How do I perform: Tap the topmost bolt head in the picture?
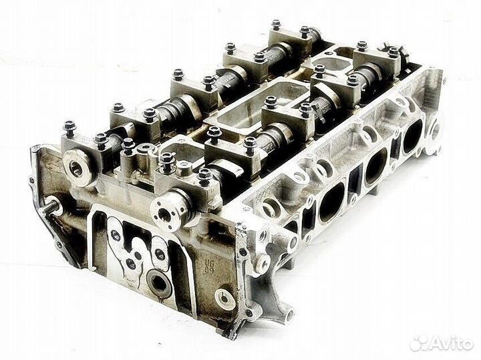pos(276,25)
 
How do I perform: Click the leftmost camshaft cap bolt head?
pos(69,125)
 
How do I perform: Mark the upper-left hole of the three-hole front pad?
pos(116,234)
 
